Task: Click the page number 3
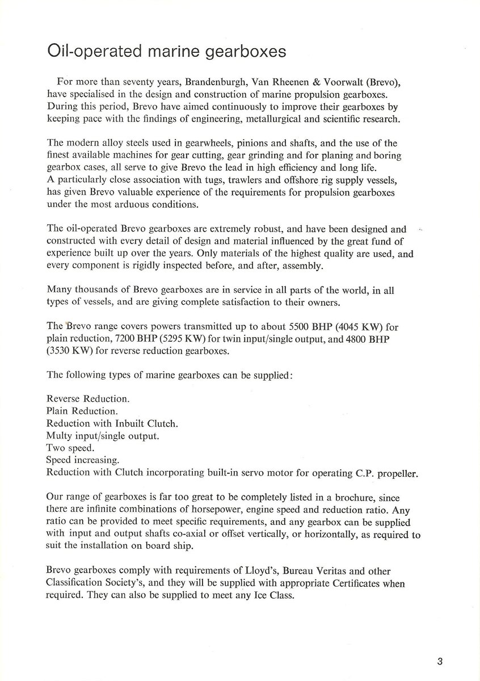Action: coord(440,661)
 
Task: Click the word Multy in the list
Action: coord(58,436)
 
